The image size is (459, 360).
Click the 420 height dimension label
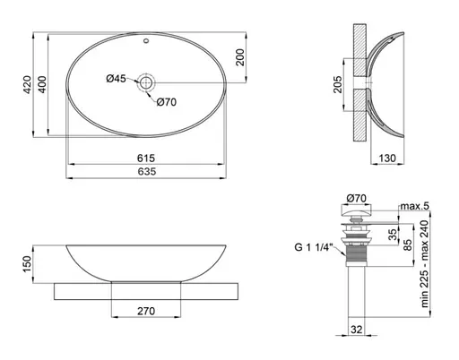28,85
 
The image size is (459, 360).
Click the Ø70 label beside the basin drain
168,101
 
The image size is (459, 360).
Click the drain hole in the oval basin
147,83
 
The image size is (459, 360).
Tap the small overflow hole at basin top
147,42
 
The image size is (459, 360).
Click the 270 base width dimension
148,312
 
